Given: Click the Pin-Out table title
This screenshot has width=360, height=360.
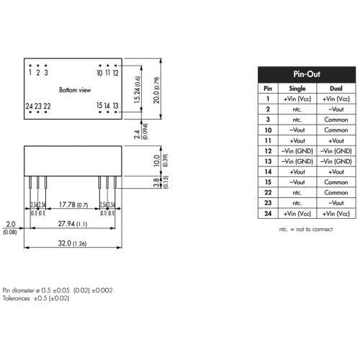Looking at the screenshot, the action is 307,74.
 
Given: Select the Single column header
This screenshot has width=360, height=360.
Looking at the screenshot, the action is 297,89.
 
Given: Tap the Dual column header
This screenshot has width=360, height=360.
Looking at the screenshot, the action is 336,89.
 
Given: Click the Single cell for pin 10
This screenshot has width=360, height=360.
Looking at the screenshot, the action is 297,130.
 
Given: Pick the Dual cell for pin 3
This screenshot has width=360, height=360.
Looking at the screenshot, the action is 336,120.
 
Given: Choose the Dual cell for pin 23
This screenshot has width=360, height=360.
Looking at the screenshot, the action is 336,203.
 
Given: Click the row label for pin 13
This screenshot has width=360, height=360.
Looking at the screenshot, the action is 268,161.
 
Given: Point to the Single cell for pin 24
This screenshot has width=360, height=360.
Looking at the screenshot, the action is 297,214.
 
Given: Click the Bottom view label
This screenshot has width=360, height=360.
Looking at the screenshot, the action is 75,90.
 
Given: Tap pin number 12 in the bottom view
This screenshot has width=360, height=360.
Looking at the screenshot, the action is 116,73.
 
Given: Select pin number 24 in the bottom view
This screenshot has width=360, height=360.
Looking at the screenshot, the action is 30,106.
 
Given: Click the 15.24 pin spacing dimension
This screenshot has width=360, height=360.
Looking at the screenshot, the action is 138,90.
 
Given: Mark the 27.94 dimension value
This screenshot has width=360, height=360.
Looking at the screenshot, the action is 66,224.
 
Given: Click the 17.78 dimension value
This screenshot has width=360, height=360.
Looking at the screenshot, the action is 67,204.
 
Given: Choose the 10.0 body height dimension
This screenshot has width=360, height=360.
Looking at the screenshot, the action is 156,161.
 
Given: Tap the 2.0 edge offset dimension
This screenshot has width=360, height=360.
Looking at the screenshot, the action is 11,224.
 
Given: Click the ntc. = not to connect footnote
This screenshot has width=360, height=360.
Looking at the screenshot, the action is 306,229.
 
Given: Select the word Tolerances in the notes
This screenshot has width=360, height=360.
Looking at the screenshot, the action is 16,298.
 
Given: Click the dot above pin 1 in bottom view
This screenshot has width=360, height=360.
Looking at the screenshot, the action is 30,66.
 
